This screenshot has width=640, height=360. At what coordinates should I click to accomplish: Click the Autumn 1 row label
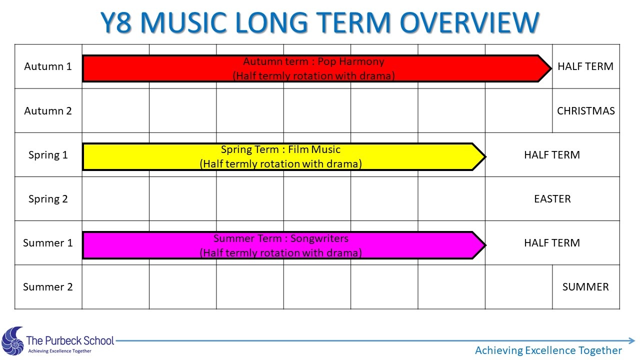pyautogui.click(x=48, y=66)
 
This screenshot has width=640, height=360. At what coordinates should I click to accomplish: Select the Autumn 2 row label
pyautogui.click(x=48, y=110)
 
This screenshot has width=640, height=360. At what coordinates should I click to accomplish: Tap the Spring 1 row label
pyautogui.click(x=48, y=155)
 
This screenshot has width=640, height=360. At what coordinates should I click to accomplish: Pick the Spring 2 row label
pyautogui.click(x=48, y=199)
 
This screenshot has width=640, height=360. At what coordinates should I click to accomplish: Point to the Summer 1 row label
pyautogui.click(x=48, y=243)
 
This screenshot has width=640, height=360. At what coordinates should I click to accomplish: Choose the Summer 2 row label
pyautogui.click(x=48, y=287)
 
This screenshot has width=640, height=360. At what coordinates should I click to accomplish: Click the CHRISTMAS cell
pyautogui.click(x=585, y=111)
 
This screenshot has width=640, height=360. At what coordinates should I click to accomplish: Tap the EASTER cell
pyautogui.click(x=552, y=199)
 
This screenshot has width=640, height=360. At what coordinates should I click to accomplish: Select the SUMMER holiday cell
pyautogui.click(x=585, y=287)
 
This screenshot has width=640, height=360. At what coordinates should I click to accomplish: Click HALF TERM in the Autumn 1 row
pyautogui.click(x=585, y=66)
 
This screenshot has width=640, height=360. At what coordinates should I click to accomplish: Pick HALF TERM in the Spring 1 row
pyautogui.click(x=552, y=155)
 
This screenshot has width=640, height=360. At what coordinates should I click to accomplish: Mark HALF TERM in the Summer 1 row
pyautogui.click(x=552, y=243)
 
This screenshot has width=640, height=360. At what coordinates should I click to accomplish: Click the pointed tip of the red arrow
pyautogui.click(x=551, y=68)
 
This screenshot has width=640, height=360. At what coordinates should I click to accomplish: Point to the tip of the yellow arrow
pyautogui.click(x=485, y=156)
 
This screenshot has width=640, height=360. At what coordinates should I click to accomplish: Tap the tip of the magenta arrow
pyautogui.click(x=485, y=245)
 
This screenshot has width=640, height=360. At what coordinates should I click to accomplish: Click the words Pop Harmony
pyautogui.click(x=351, y=61)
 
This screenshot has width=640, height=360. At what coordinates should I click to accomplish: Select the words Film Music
pyautogui.click(x=314, y=149)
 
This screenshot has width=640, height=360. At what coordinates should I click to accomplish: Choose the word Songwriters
pyautogui.click(x=319, y=238)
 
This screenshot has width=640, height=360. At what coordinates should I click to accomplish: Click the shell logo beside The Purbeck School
pyautogui.click(x=12, y=341)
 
